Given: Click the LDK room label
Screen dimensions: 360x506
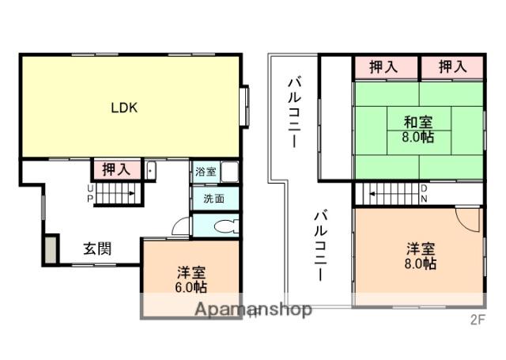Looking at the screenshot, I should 124,108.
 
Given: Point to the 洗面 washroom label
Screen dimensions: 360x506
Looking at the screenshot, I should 205,199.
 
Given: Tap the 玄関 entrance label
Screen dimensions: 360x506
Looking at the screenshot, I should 97,248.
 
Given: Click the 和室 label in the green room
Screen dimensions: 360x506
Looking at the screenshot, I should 417,123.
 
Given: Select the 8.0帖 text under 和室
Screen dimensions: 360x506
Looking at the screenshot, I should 417,137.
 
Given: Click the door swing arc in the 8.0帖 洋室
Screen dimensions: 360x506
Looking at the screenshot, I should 467,221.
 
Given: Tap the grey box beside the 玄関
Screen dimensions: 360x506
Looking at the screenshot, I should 50,250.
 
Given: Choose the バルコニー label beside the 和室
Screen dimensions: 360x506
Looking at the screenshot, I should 293,111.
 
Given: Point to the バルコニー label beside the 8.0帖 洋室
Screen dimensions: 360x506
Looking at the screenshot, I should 319,245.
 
